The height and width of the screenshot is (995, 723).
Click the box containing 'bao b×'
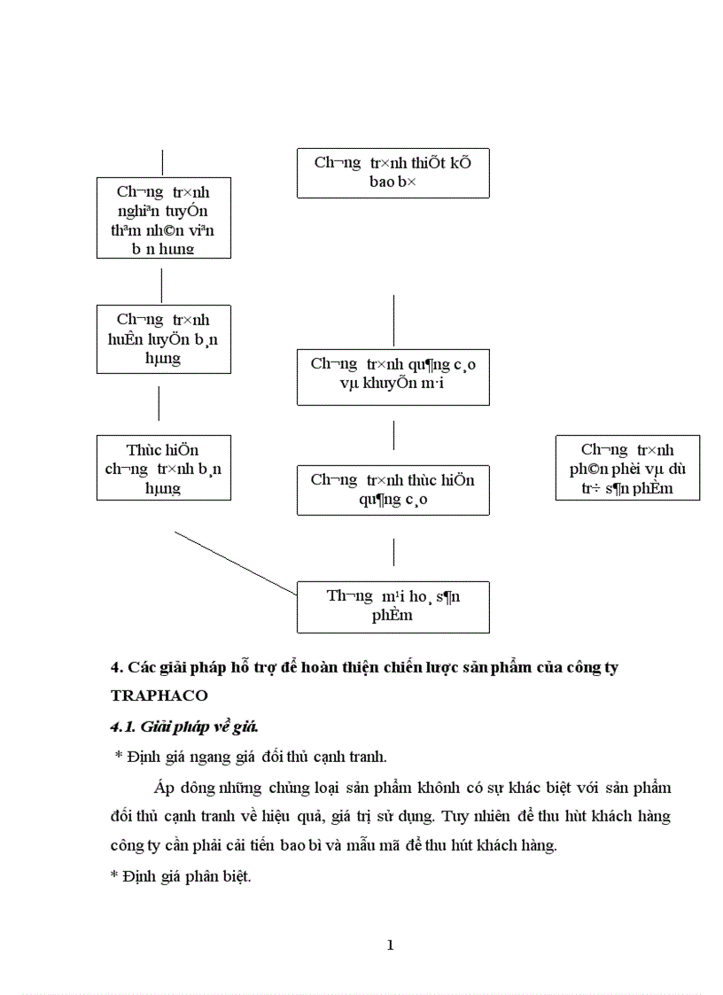[x=393, y=173]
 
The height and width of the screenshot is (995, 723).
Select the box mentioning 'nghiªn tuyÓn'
[x=163, y=218]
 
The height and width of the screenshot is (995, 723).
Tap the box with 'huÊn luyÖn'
[x=163, y=338]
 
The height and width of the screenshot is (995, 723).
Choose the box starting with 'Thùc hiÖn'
[x=163, y=468]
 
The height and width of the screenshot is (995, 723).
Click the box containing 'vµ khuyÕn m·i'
[x=393, y=377]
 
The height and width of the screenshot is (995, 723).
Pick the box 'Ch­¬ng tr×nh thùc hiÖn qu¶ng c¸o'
[x=393, y=490]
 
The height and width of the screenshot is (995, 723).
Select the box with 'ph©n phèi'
[x=627, y=468]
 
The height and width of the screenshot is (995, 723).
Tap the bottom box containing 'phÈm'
[x=393, y=607]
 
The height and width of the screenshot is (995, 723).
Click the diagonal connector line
[x=235, y=564]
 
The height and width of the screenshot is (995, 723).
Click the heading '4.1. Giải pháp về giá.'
[x=183, y=727]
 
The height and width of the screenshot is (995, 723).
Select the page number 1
[x=390, y=944]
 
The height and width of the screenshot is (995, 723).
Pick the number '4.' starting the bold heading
[x=115, y=667]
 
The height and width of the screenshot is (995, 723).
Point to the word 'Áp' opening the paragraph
[x=161, y=787]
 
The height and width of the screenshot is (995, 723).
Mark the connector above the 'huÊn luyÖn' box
[x=161, y=285]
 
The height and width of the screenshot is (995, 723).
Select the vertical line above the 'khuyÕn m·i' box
[x=393, y=321]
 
